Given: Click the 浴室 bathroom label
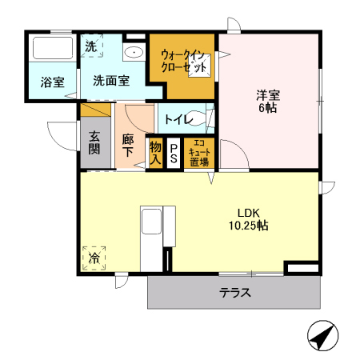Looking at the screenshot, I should (x=52, y=81).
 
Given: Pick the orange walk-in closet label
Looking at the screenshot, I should (x=184, y=61).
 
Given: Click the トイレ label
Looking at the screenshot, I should (x=176, y=120).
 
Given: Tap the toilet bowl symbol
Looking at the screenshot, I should (x=205, y=119).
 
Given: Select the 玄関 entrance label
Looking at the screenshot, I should (x=94, y=142).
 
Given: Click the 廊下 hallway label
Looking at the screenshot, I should (x=128, y=144).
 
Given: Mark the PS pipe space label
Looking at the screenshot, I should (x=173, y=154).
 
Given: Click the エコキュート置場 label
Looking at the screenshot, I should (x=198, y=153).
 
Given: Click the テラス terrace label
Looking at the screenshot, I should (x=236, y=293).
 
